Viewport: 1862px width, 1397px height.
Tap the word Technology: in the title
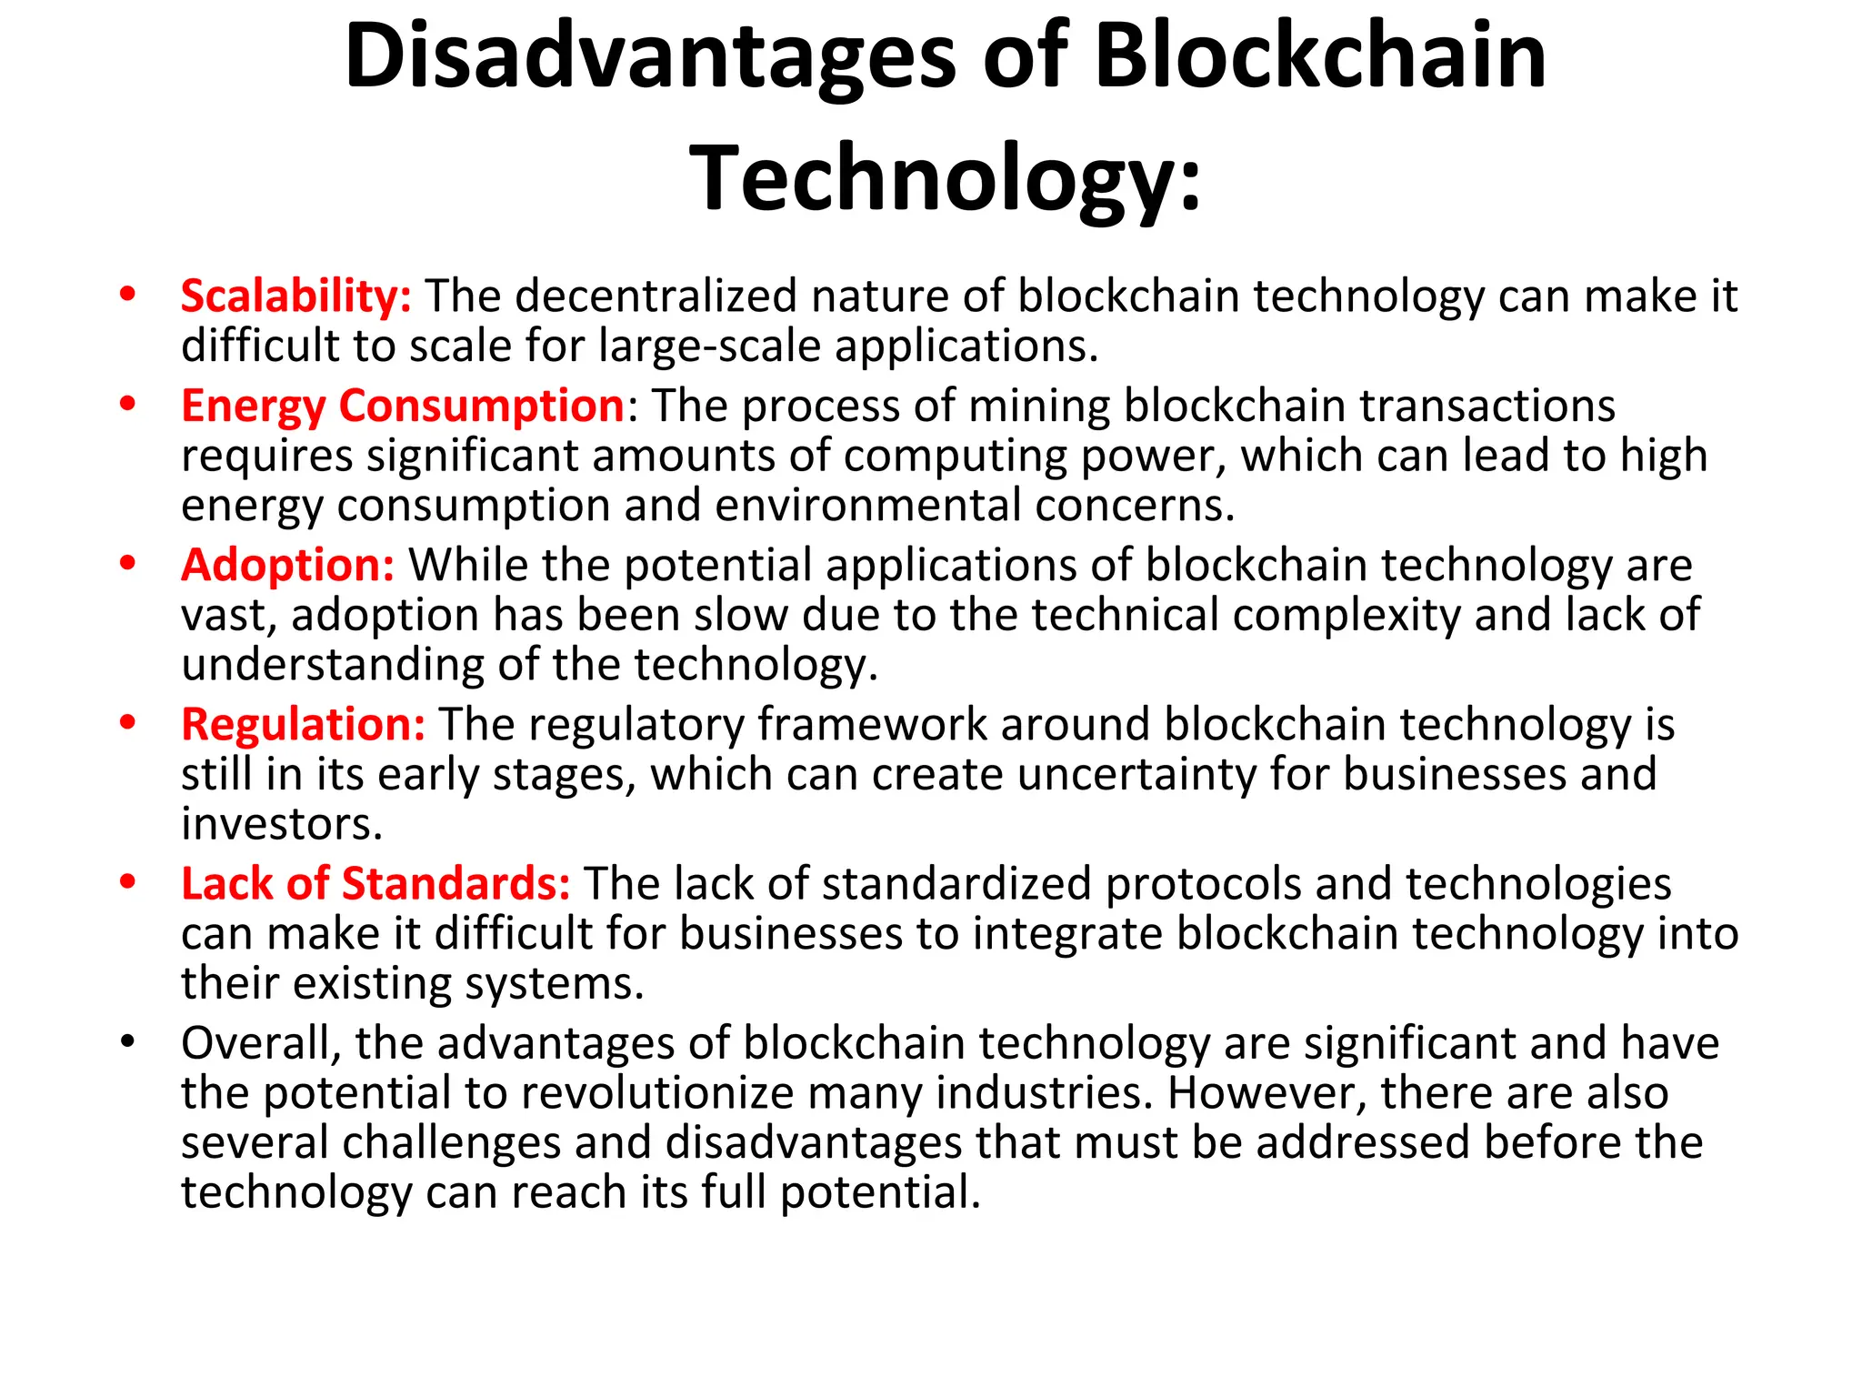pyautogui.click(x=946, y=178)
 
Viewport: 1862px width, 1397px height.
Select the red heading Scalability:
pyautogui.click(x=295, y=296)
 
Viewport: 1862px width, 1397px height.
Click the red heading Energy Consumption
pyautogui.click(x=403, y=406)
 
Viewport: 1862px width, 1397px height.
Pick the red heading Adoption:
pyautogui.click(x=287, y=566)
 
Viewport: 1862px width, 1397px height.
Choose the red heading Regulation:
pyautogui.click(x=303, y=725)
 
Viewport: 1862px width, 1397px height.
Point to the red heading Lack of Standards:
pyautogui.click(x=375, y=884)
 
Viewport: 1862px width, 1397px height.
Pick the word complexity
pyautogui.click(x=1346, y=616)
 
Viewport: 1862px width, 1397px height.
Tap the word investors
pyautogui.click(x=281, y=825)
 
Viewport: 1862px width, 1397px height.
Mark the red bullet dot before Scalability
pyautogui.click(x=127, y=294)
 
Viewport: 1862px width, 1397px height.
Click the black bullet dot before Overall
pyautogui.click(x=127, y=1040)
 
